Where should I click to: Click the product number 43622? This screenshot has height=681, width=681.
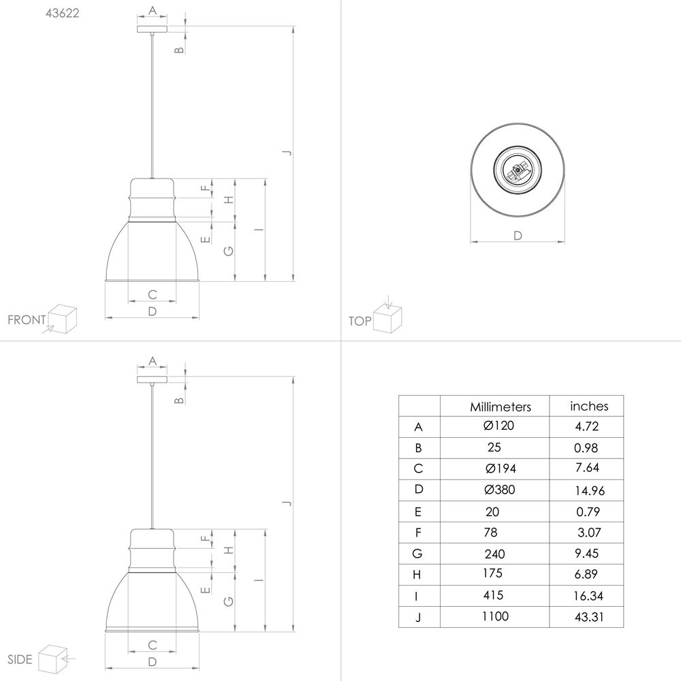63,13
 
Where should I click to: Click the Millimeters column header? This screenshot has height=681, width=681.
501,407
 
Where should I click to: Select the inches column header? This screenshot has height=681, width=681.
589,406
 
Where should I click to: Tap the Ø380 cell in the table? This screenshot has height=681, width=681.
499,490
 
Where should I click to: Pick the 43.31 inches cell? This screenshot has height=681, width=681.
589,617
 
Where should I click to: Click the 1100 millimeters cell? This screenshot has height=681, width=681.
495,616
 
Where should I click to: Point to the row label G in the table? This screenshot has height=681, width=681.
417,553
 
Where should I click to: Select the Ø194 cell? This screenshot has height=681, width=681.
501,469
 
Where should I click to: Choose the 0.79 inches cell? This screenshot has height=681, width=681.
588,511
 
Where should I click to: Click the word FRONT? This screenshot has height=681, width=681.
27,320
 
